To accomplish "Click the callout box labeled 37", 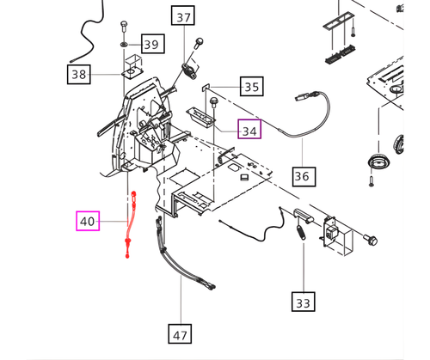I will (x=183, y=17).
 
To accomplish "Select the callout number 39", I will (x=151, y=44).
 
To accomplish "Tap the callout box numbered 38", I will (x=79, y=75).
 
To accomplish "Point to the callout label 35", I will (x=251, y=87).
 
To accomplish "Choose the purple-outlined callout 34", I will (x=249, y=131).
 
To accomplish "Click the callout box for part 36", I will (x=302, y=177).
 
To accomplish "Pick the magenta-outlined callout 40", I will (x=88, y=222).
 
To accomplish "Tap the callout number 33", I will (x=303, y=303).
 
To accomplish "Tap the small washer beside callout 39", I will (x=126, y=43).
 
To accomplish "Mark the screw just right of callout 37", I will (x=200, y=41).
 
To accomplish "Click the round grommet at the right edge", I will (x=377, y=162).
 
